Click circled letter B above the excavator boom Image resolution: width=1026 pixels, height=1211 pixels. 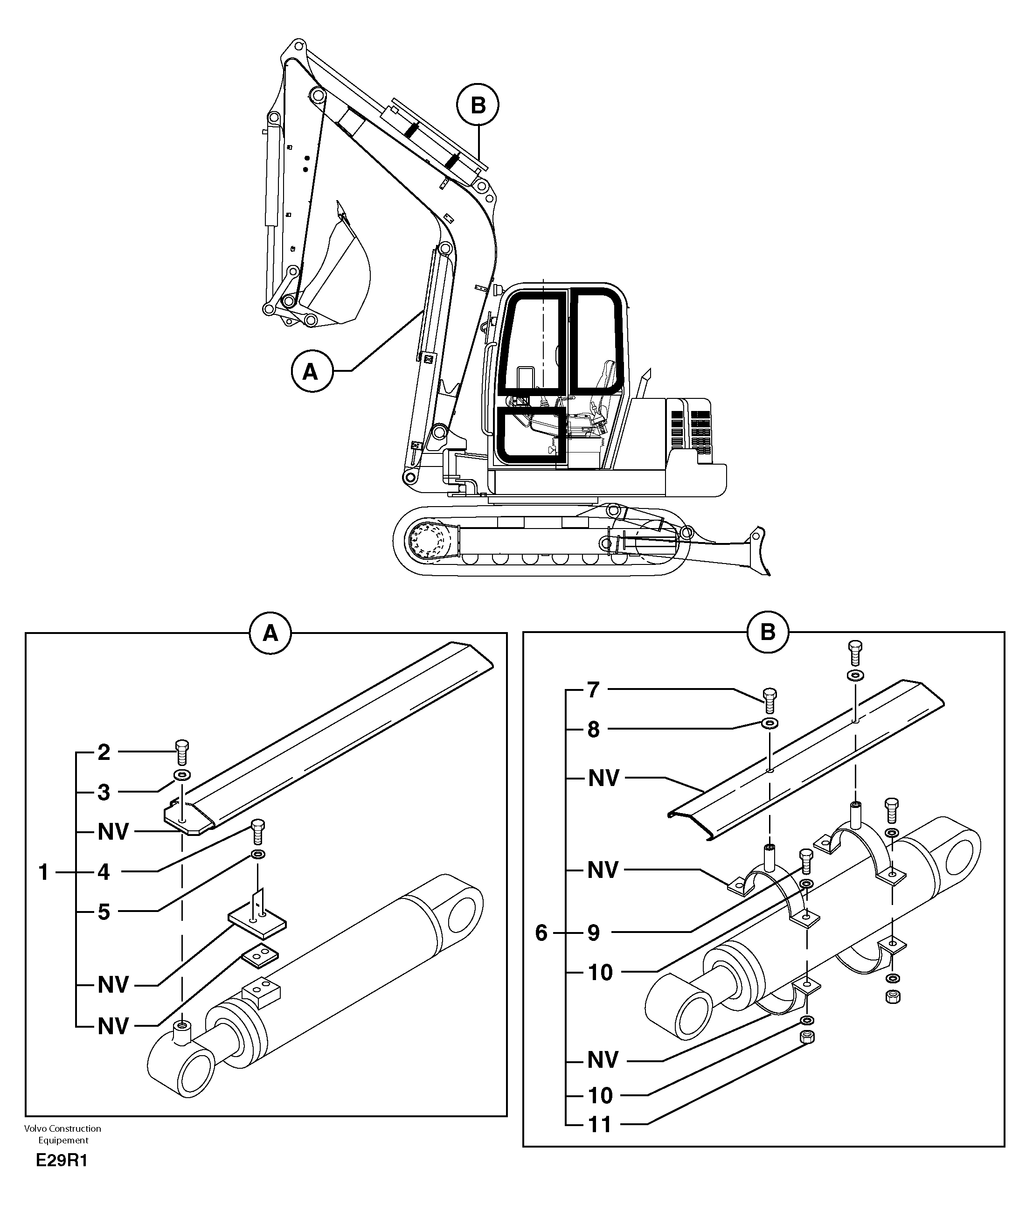pyautogui.click(x=478, y=105)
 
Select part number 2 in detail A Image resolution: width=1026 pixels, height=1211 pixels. pyautogui.click(x=104, y=752)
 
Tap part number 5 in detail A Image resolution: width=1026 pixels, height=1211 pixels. pyautogui.click(x=104, y=912)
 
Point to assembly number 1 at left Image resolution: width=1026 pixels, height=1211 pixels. pyautogui.click(x=44, y=872)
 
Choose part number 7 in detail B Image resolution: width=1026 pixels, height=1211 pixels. pyautogui.click(x=593, y=690)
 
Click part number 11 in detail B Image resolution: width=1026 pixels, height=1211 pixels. pyautogui.click(x=600, y=1124)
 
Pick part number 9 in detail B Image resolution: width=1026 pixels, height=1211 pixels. pyautogui.click(x=593, y=933)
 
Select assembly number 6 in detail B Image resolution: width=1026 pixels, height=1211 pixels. pyautogui.click(x=541, y=933)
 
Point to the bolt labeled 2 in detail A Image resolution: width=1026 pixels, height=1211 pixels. pyautogui.click(x=181, y=752)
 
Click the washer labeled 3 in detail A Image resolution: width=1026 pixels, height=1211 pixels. pyautogui.click(x=181, y=774)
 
